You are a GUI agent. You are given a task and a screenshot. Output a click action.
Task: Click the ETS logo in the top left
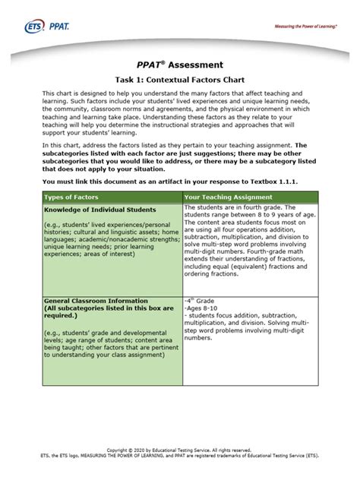46,27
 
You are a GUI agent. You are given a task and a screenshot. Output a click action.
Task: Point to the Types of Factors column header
72,197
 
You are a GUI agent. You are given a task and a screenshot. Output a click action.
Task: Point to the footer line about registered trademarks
179,457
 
